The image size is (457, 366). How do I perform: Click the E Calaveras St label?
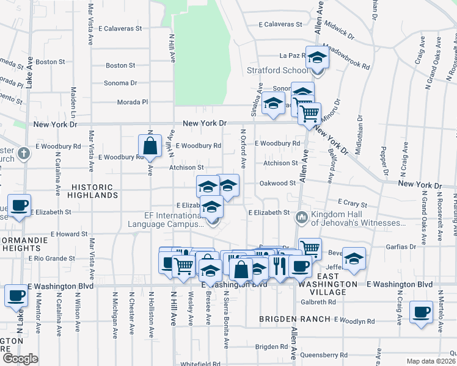[x=280, y=25]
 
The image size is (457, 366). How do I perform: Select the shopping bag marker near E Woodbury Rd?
[x=150, y=146]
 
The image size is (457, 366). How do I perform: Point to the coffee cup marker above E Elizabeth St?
[x=18, y=206]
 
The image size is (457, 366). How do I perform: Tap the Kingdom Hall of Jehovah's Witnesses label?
[x=358, y=218]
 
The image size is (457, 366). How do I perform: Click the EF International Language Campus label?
[x=165, y=220]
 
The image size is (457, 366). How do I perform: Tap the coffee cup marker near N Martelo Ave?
[x=420, y=312]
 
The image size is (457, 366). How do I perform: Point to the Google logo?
[x=20, y=359]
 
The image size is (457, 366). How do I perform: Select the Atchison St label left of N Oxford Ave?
[x=186, y=167]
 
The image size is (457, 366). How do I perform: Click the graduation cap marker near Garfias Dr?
[x=353, y=259]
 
